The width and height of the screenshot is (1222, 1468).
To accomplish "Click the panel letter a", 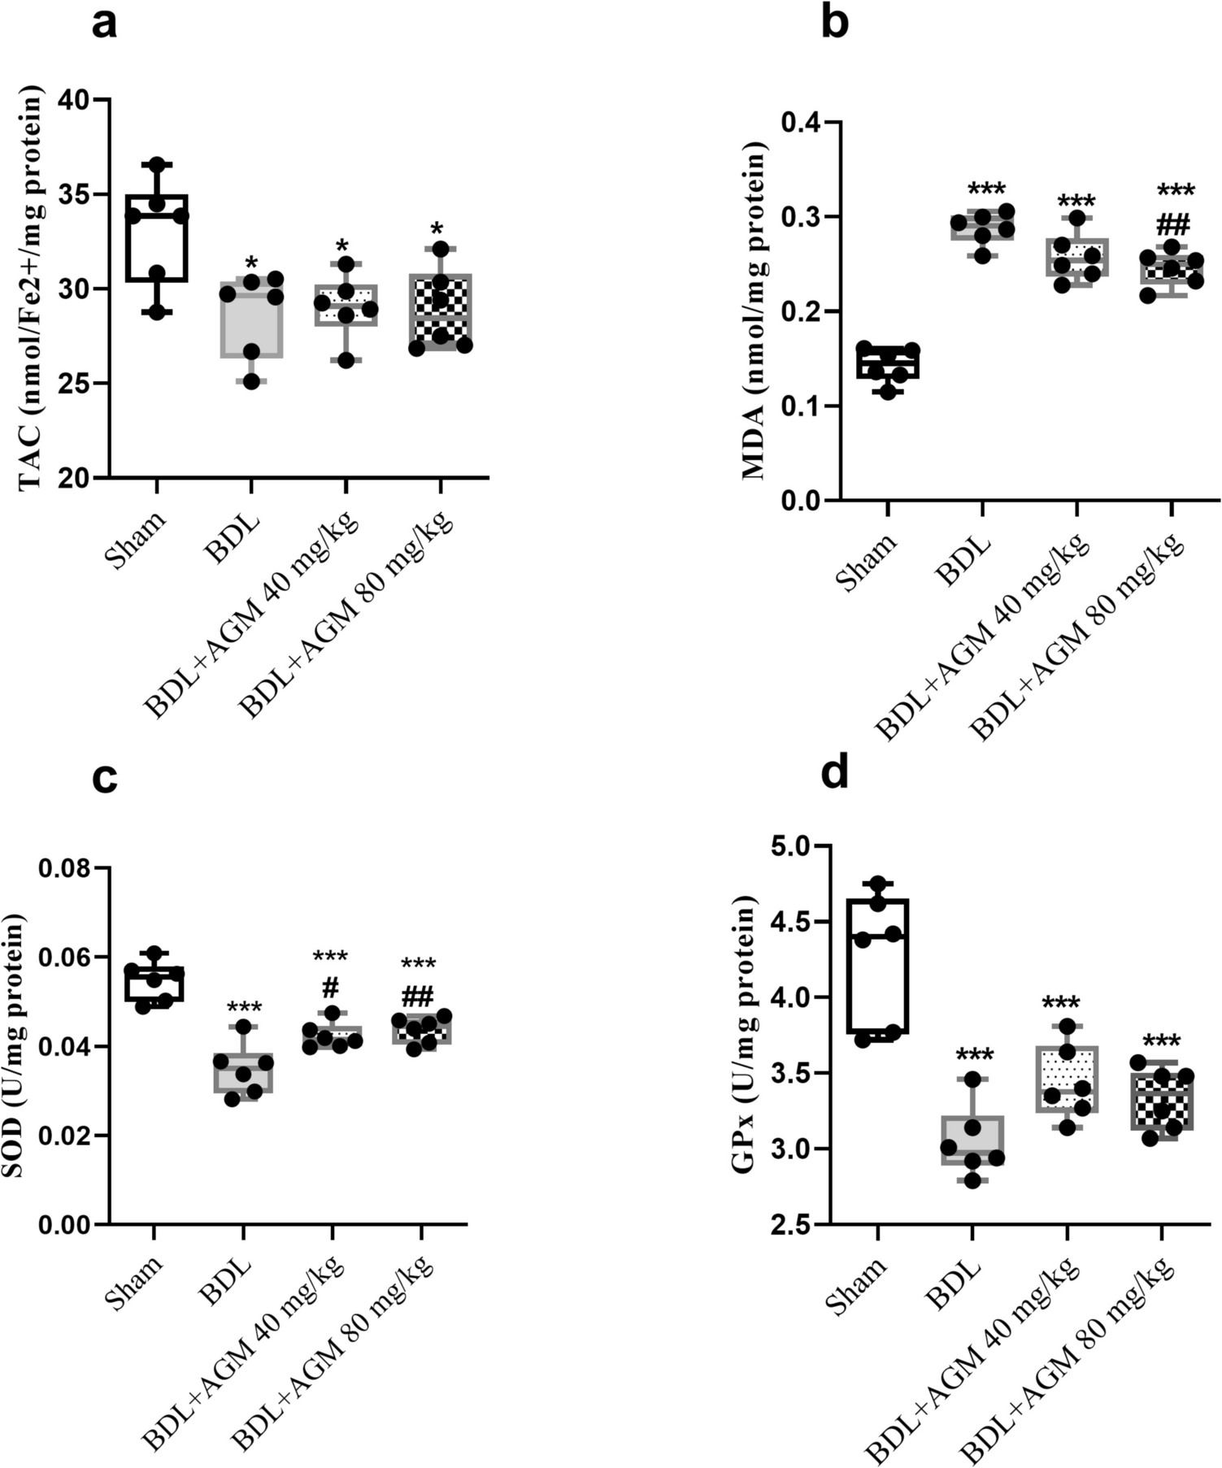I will point(105,24).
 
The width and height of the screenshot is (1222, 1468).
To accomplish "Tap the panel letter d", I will point(835,773).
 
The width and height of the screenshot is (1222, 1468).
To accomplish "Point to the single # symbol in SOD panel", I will point(330,988).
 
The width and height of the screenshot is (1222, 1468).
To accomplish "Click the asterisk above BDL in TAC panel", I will point(251,263).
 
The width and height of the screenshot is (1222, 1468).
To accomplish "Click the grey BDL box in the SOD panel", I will point(243,1073).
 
